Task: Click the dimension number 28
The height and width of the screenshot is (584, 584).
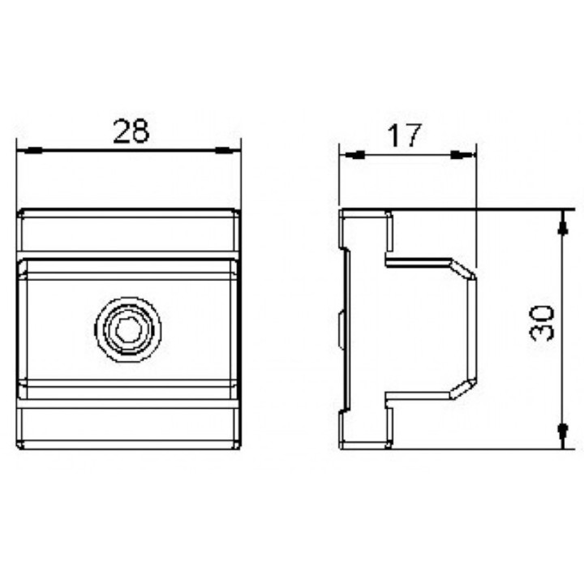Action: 131,131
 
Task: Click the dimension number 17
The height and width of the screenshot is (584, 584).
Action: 404,135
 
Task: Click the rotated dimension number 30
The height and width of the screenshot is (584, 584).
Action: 542,323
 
